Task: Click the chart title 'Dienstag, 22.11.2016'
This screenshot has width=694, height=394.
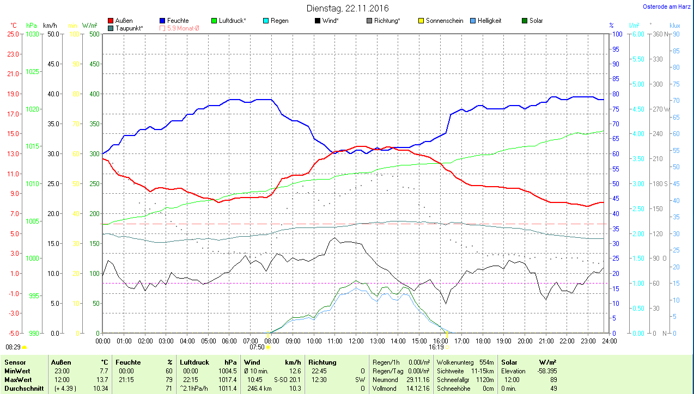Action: pyautogui.click(x=347, y=8)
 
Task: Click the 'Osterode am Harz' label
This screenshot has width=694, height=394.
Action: pyautogui.click(x=667, y=7)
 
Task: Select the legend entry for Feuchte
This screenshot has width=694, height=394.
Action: pyautogui.click(x=174, y=21)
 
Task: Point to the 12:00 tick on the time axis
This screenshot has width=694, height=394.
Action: pyautogui.click(x=356, y=341)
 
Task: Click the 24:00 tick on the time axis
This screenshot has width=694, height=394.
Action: pyautogui.click(x=609, y=341)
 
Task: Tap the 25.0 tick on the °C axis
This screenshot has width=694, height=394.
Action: pyautogui.click(x=13, y=34)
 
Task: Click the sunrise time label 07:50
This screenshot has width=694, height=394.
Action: pyautogui.click(x=257, y=347)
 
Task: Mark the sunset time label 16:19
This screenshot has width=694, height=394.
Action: pyautogui.click(x=436, y=347)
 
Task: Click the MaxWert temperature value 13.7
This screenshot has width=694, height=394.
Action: pyautogui.click(x=102, y=379)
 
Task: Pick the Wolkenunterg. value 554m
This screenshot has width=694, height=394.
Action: pyautogui.click(x=486, y=362)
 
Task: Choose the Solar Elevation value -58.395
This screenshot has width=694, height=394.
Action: pyautogui.click(x=547, y=371)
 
